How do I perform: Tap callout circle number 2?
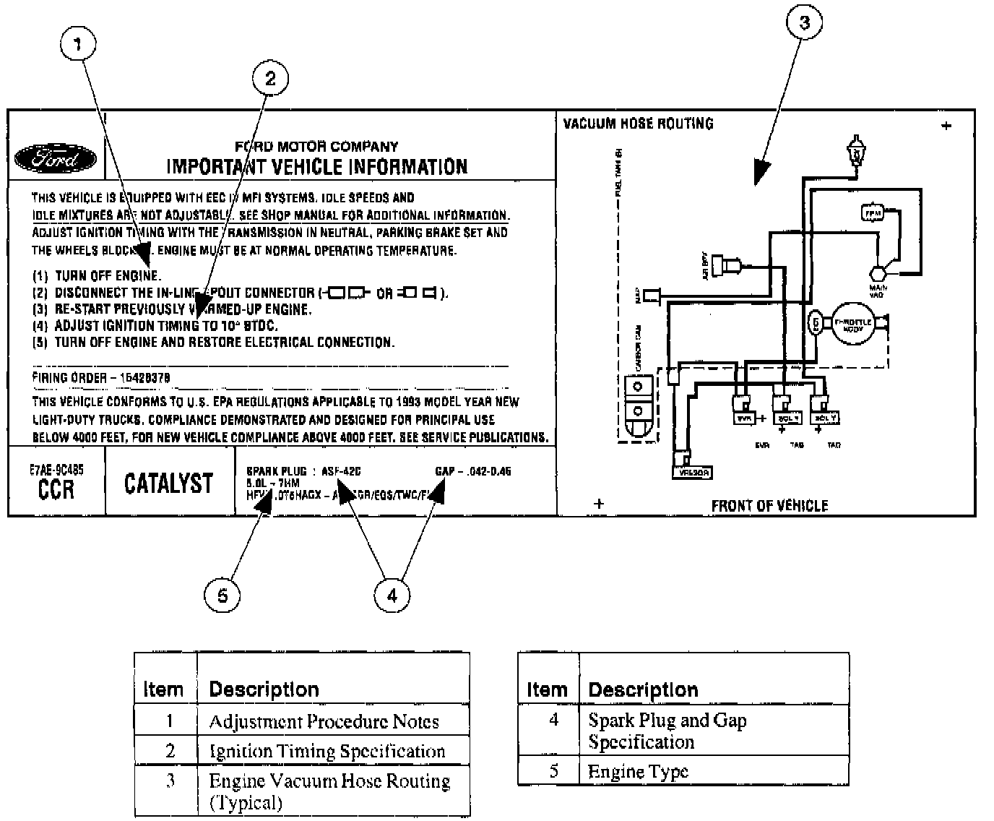point(269,78)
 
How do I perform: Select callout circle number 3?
point(804,23)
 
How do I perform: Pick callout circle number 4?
point(392,596)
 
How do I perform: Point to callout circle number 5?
point(222,596)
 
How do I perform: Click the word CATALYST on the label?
point(169,483)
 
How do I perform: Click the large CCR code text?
point(56,489)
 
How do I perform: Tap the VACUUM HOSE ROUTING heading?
point(638,124)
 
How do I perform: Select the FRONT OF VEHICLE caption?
point(769,506)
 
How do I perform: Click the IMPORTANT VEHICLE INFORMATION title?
point(317,167)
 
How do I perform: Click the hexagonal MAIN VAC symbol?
point(878,274)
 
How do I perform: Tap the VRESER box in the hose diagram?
point(691,473)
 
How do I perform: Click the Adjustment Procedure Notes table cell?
point(324,721)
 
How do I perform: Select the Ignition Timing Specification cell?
point(327,751)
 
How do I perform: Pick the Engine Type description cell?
point(639,771)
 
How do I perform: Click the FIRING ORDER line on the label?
point(101,378)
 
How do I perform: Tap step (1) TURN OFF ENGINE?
point(98,275)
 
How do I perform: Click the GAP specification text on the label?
point(473,471)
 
